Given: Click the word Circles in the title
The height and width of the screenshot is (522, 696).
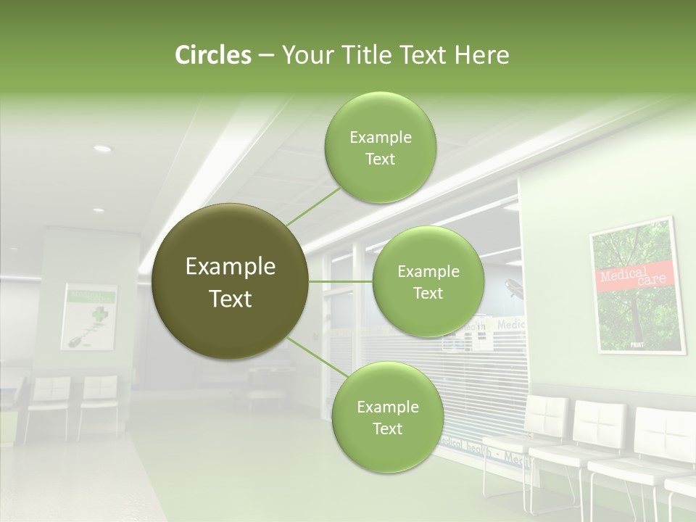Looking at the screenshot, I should click(x=212, y=55).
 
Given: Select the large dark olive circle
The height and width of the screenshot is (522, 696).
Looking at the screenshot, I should click(x=231, y=281).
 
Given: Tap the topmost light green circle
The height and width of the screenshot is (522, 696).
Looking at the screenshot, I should click(x=381, y=147).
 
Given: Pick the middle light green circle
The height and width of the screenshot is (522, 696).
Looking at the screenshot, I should click(x=428, y=281).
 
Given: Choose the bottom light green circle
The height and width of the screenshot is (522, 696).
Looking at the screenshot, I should click(x=387, y=417).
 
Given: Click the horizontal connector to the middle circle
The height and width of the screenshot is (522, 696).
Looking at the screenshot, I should click(x=340, y=281).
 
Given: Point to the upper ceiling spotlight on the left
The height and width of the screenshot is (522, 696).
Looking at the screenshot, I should click(x=102, y=149).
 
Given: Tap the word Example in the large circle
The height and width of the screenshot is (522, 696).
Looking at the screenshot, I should click(x=231, y=267).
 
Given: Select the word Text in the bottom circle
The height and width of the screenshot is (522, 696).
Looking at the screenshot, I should click(x=387, y=428).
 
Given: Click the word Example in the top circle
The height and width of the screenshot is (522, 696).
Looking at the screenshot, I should click(x=381, y=137).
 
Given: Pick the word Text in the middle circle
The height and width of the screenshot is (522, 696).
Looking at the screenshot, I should click(x=428, y=293).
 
